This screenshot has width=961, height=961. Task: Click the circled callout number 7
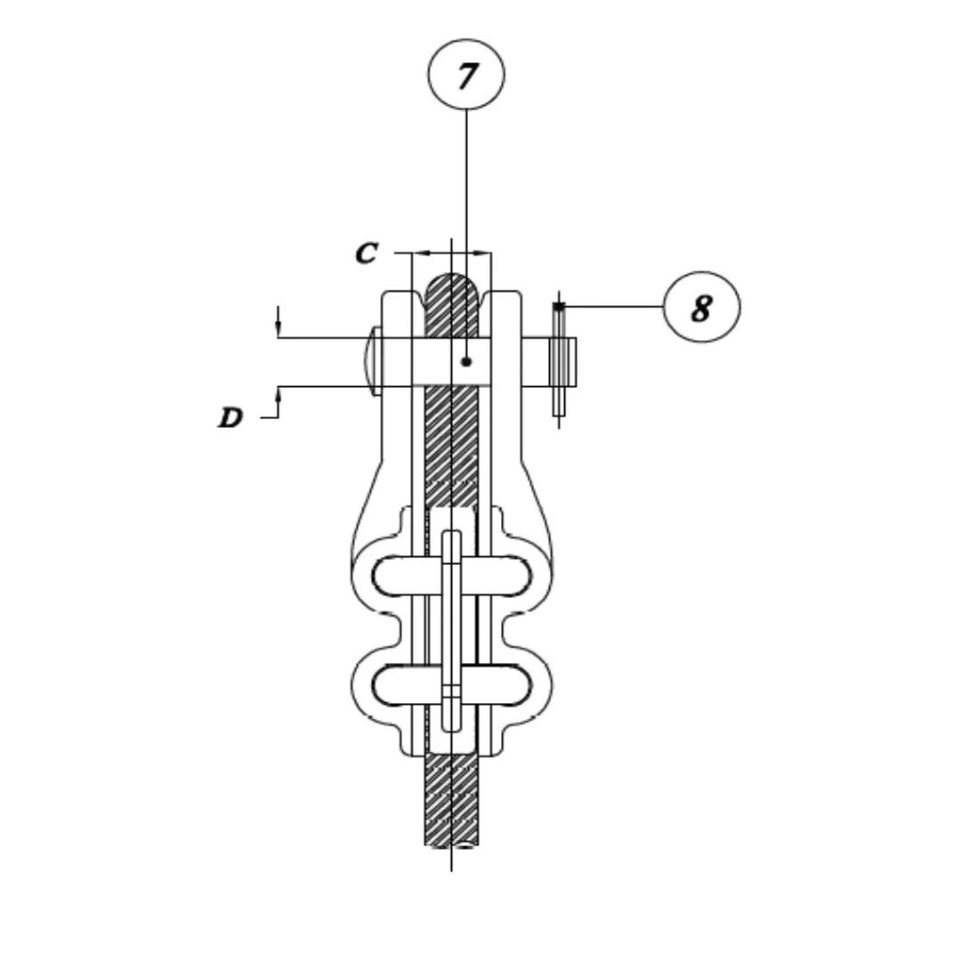(x=466, y=75)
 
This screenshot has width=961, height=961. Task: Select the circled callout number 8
(x=702, y=307)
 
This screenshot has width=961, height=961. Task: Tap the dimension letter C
(x=367, y=253)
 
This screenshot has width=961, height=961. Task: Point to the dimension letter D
(x=230, y=418)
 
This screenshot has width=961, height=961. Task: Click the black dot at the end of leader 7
(x=466, y=361)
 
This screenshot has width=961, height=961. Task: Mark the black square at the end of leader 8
(x=558, y=306)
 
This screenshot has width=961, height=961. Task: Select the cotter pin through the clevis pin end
(x=559, y=360)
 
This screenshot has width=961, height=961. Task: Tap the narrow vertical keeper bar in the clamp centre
(x=452, y=631)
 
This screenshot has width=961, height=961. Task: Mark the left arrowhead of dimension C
(x=421, y=253)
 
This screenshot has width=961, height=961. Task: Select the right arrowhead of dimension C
(x=482, y=253)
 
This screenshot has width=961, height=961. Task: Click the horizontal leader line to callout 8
(x=613, y=306)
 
